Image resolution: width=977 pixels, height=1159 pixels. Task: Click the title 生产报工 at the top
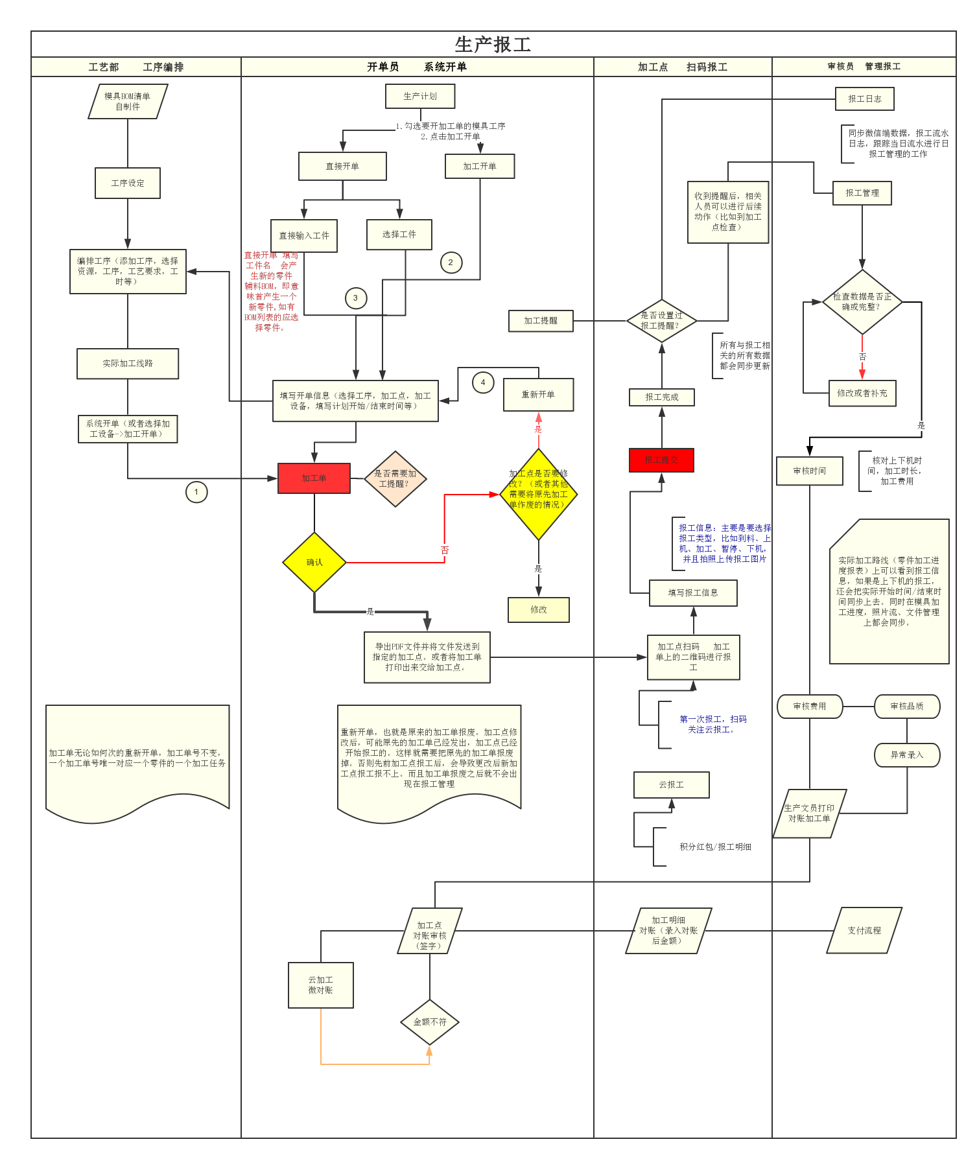pos(493,44)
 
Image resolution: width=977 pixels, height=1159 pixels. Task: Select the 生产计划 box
pos(420,97)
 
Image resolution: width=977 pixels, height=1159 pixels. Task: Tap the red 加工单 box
pos(314,478)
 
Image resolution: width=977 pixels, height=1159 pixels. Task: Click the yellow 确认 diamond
pos(314,562)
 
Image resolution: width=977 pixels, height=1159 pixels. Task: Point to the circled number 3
pos(355,298)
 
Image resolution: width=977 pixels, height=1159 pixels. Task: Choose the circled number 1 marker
pos(196,492)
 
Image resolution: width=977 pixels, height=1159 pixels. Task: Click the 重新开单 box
pos(538,395)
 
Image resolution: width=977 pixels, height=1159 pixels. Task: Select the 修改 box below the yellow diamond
pos(538,610)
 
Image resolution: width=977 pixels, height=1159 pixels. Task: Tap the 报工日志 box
pos(864,99)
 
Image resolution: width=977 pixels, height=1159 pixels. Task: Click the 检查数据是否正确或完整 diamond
pos(862,302)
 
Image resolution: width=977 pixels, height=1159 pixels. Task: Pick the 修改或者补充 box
pos(862,393)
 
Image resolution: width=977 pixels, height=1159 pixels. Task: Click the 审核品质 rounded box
pos(906,707)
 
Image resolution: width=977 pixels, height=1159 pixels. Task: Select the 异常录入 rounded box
pos(906,755)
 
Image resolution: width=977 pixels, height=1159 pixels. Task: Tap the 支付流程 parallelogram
pos(864,930)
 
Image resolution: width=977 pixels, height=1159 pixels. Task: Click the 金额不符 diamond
pos(430,1022)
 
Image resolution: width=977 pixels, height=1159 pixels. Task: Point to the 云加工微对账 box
pos(320,985)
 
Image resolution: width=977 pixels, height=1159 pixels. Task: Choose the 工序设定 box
pos(128,183)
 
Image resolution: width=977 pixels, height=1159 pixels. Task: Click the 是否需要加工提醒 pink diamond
pos(395,479)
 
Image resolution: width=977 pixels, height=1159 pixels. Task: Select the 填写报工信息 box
pos(693,592)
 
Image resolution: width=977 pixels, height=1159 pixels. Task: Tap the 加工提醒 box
pos(540,321)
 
